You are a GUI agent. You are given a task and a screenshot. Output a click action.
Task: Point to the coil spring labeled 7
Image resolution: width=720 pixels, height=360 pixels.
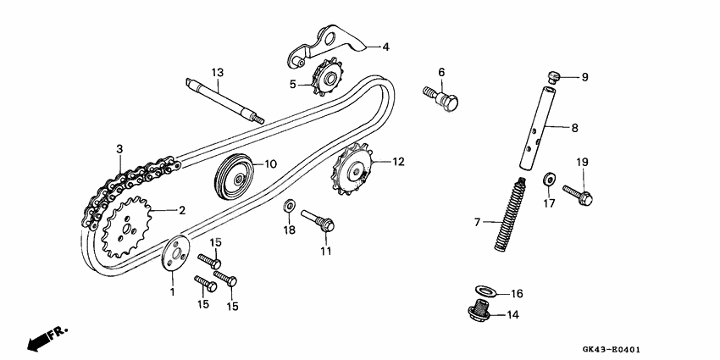508,214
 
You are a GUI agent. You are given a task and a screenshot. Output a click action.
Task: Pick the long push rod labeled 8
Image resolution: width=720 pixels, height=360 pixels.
540,128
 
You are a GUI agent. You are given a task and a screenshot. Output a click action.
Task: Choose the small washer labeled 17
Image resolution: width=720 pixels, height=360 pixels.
548,179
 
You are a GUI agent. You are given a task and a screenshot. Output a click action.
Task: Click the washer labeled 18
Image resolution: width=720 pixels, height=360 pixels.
288,206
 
